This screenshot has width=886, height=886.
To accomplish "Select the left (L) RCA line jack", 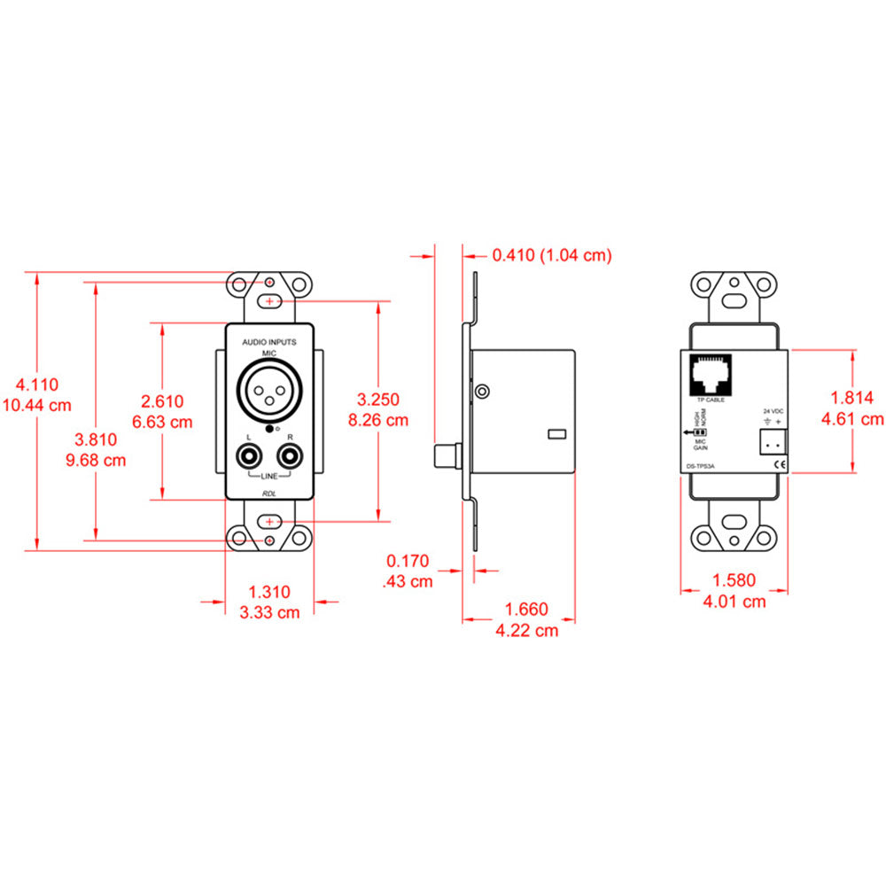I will (x=249, y=458).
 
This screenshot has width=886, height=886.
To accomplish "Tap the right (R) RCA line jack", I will (x=290, y=458).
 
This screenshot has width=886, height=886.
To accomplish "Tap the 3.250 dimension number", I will (x=378, y=400).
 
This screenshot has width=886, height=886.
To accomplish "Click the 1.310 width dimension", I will (x=268, y=592).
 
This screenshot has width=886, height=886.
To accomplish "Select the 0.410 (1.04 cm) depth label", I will (x=551, y=255).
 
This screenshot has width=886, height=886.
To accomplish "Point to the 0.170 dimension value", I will (x=408, y=561).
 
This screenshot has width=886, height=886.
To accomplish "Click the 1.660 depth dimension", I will (x=526, y=610).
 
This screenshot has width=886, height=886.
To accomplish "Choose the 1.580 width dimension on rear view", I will (x=734, y=581).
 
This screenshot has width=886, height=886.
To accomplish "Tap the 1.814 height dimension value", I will (x=852, y=398).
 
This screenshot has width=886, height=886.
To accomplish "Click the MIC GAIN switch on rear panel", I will (x=697, y=432).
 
